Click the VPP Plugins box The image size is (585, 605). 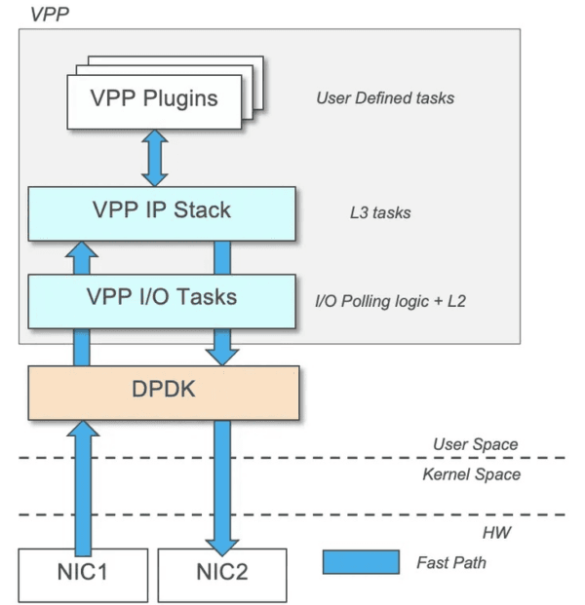tap(153, 100)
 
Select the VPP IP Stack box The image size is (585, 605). tap(160, 213)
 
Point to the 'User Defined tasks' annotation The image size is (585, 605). tap(385, 98)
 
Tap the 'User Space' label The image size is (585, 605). tap(476, 444)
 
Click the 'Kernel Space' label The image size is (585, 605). tap(471, 474)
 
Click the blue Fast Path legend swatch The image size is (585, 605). tap(361, 562)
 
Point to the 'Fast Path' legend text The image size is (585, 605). tap(450, 562)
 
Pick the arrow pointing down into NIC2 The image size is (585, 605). tap(222, 487)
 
